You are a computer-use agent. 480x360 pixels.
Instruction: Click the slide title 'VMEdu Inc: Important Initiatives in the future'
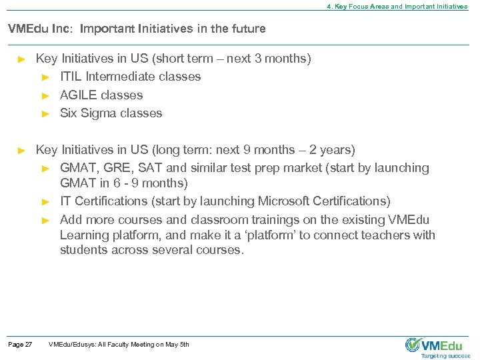pos(136,29)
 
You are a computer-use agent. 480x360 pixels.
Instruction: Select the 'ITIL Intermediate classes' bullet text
pos(130,77)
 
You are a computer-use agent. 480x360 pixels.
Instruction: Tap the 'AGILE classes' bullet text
pos(101,95)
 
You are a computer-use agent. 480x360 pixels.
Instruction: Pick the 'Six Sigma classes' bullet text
pos(111,113)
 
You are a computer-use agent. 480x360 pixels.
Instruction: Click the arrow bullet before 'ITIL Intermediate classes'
pos(46,77)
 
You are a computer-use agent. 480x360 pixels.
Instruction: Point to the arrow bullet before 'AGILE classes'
pos(46,95)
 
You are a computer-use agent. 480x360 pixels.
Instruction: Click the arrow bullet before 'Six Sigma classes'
pos(46,114)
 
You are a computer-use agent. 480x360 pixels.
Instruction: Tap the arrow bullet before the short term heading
pos(21,59)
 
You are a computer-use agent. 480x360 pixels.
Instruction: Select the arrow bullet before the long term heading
pos(21,150)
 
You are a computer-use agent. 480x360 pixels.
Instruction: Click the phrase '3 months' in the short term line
pos(287,59)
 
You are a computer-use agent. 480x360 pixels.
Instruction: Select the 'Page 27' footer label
pos(20,344)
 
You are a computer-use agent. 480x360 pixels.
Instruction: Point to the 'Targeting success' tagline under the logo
pos(445,356)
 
